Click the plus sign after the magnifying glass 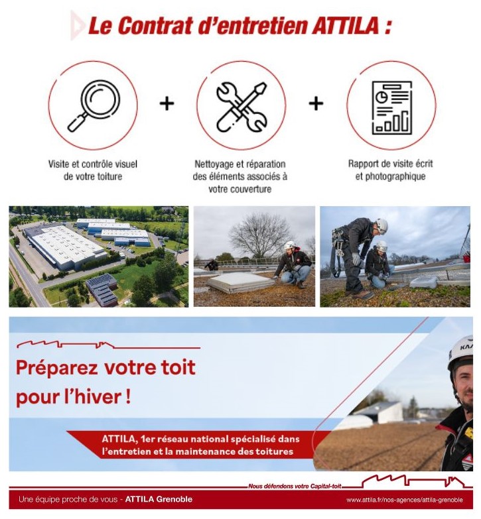(167, 103)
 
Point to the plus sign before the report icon (316, 103)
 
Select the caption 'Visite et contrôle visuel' (93, 164)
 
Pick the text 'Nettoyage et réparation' (240, 164)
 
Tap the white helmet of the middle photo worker (289, 245)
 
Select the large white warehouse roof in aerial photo (64, 245)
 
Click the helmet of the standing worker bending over (381, 226)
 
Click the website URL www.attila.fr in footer (404, 500)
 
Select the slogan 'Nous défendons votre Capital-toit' (295, 486)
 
